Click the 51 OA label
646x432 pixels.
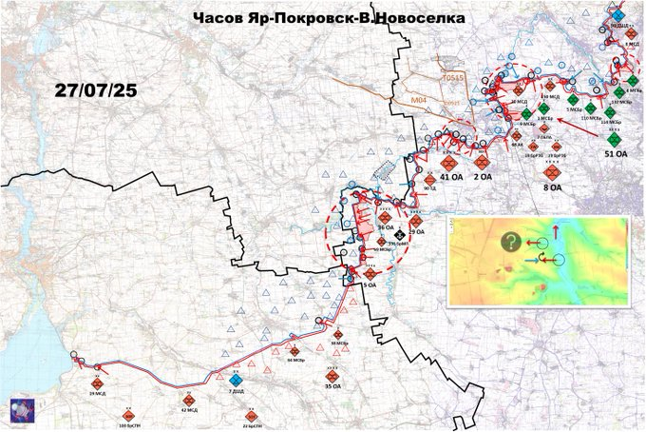click(x=616, y=152)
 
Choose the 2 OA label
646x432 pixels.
click(x=482, y=176)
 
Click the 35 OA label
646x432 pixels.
click(x=332, y=388)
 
